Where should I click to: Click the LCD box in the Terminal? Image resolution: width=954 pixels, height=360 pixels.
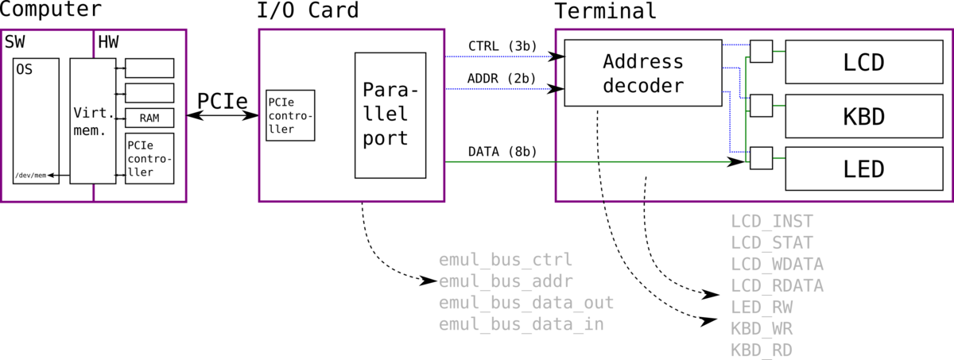click(x=864, y=62)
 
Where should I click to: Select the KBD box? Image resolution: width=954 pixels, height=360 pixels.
click(x=864, y=116)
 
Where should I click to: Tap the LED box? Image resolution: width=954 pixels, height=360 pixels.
click(x=864, y=169)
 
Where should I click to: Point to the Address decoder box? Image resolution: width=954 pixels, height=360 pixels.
click(x=643, y=73)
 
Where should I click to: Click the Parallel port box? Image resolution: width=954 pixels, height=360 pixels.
click(x=390, y=115)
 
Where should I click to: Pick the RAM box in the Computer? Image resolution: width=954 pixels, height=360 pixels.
click(x=149, y=118)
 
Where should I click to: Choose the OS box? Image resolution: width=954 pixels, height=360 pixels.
click(x=36, y=121)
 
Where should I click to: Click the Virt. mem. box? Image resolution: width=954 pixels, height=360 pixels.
click(x=93, y=121)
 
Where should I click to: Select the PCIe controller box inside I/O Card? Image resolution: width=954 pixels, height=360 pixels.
click(x=290, y=115)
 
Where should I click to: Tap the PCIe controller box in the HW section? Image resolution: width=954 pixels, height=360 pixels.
click(x=149, y=158)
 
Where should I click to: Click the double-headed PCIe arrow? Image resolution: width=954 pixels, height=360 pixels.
click(x=223, y=115)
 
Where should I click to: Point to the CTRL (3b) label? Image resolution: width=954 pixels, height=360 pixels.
click(x=502, y=46)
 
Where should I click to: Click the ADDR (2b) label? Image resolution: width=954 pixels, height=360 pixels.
click(x=502, y=79)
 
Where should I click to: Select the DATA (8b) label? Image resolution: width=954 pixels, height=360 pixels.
click(x=502, y=152)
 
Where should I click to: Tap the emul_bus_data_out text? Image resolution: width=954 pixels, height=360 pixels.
click(x=526, y=303)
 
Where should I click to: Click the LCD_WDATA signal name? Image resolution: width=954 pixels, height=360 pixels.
click(x=778, y=265)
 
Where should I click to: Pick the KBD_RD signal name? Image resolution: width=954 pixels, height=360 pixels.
click(x=762, y=350)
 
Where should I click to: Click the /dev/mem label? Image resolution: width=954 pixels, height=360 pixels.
click(x=31, y=176)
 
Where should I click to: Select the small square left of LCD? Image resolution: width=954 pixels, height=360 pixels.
click(x=762, y=52)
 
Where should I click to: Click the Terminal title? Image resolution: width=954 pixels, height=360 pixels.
click(x=605, y=10)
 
